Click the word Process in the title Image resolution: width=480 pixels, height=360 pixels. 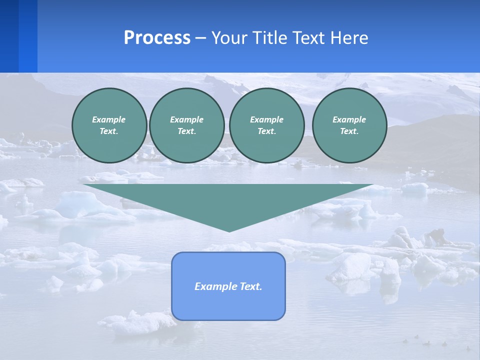[157, 38]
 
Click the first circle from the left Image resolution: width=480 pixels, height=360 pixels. [109, 125]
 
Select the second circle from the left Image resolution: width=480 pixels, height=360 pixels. [187, 125]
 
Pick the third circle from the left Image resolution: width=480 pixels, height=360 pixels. [267, 125]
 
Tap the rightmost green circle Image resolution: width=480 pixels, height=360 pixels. [349, 125]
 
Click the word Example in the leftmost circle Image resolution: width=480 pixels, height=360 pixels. [109, 119]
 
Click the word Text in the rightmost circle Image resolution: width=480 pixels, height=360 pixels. [349, 131]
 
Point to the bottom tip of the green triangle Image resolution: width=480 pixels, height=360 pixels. [229, 230]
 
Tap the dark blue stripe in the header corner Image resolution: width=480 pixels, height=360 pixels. [9, 36]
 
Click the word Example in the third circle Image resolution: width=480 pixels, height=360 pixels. [266, 119]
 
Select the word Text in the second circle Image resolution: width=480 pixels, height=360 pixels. [186, 131]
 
